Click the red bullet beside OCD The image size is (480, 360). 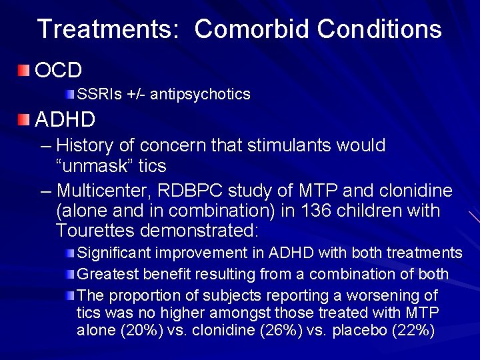click(24, 69)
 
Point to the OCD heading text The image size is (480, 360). click(58, 69)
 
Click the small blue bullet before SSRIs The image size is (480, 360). click(71, 94)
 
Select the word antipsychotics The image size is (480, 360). click(200, 94)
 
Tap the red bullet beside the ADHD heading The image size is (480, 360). click(24, 120)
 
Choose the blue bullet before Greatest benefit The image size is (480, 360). click(71, 274)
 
